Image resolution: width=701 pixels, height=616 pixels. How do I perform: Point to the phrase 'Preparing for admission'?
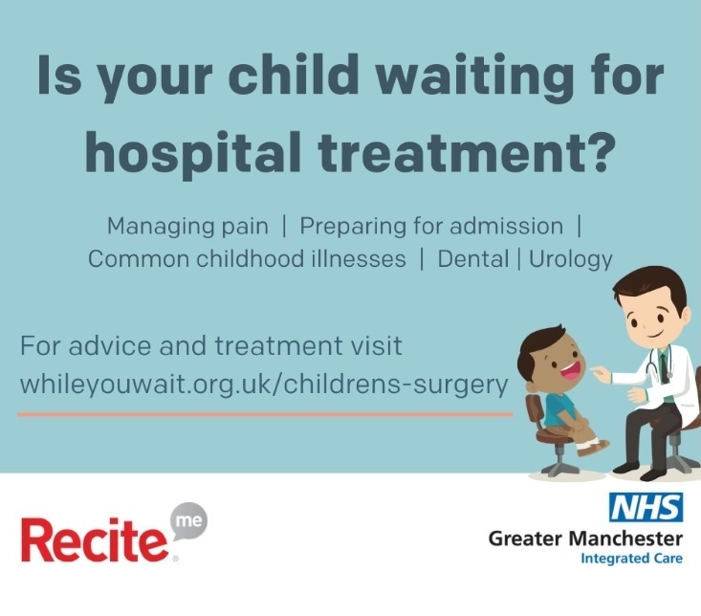(431, 228)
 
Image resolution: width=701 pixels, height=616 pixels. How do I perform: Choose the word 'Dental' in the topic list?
(470, 258)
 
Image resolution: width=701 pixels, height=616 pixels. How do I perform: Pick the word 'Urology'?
(565, 259)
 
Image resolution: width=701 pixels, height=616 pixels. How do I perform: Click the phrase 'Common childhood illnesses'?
(247, 258)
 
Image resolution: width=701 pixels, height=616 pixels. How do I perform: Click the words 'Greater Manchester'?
(585, 539)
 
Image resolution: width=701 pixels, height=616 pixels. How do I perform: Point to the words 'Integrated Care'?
(631, 559)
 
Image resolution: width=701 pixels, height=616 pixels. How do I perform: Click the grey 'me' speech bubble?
(187, 522)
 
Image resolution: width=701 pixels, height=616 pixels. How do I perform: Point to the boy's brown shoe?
(596, 446)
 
